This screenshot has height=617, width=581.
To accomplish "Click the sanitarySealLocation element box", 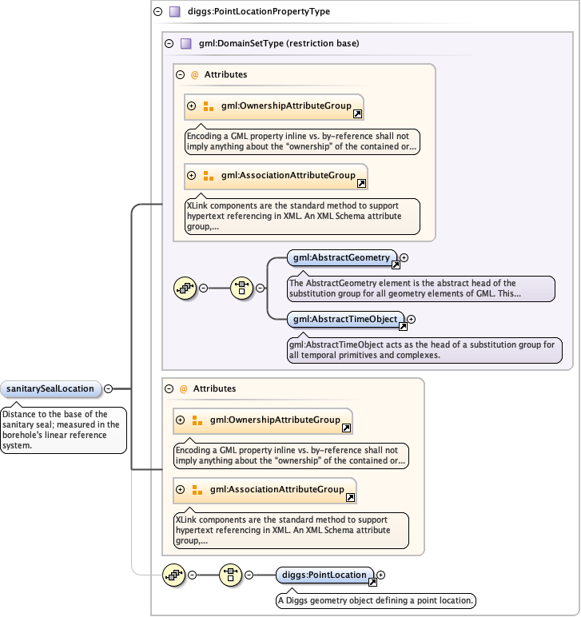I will pyautogui.click(x=50, y=389).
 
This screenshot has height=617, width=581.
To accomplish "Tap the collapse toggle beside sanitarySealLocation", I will pyautogui.click(x=108, y=389).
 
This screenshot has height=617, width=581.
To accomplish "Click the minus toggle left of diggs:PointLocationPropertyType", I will pyautogui.click(x=157, y=12).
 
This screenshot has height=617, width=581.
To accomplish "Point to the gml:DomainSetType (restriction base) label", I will pyautogui.click(x=268, y=44).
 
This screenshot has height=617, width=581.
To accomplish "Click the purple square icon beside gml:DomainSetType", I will pyautogui.click(x=185, y=44).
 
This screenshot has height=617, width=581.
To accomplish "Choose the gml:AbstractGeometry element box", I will pyautogui.click(x=341, y=257).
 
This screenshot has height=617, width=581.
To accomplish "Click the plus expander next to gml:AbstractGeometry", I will pyautogui.click(x=404, y=257).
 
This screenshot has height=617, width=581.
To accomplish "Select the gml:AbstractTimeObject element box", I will pyautogui.click(x=345, y=319).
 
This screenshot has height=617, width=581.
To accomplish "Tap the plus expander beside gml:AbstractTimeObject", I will pyautogui.click(x=412, y=319).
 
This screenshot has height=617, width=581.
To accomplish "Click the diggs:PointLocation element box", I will pyautogui.click(x=324, y=575).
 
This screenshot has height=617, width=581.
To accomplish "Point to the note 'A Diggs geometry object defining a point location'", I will pyautogui.click(x=376, y=600).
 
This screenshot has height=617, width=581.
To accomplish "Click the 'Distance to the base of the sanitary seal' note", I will pyautogui.click(x=63, y=430).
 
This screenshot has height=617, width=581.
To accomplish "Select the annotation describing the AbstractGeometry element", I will pyautogui.click(x=420, y=289).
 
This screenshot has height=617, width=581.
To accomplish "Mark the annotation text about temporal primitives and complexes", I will pyautogui.click(x=424, y=350).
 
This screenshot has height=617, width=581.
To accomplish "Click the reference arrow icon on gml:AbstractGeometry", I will pyautogui.click(x=395, y=265).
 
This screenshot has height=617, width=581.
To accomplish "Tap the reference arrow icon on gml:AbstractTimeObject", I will pyautogui.click(x=403, y=326).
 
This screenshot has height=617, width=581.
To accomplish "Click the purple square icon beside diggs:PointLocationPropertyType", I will pyautogui.click(x=174, y=12).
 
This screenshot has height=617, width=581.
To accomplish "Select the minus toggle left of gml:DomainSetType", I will pyautogui.click(x=169, y=44).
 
